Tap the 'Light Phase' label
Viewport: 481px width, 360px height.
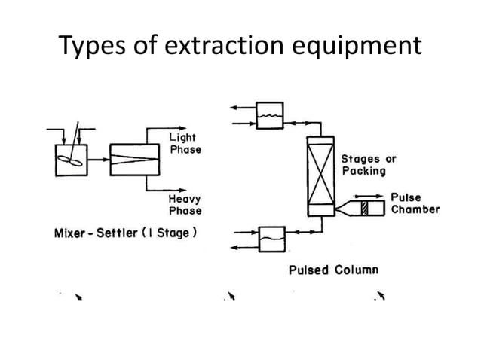(x=184, y=144)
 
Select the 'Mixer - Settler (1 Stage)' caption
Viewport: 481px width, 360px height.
(x=126, y=233)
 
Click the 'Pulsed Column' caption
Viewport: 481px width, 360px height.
(x=333, y=269)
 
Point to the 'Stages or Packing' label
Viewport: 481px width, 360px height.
(x=368, y=165)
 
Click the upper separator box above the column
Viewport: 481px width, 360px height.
(x=270, y=115)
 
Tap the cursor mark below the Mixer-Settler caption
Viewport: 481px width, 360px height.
(x=78, y=297)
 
